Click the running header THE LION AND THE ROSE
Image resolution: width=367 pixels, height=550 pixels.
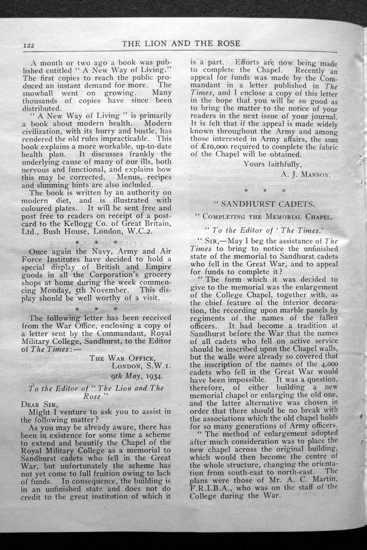pos(181,43)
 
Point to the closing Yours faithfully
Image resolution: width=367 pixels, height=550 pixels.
pos(272,163)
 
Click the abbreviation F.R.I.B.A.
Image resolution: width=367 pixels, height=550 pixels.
pos(208,489)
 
